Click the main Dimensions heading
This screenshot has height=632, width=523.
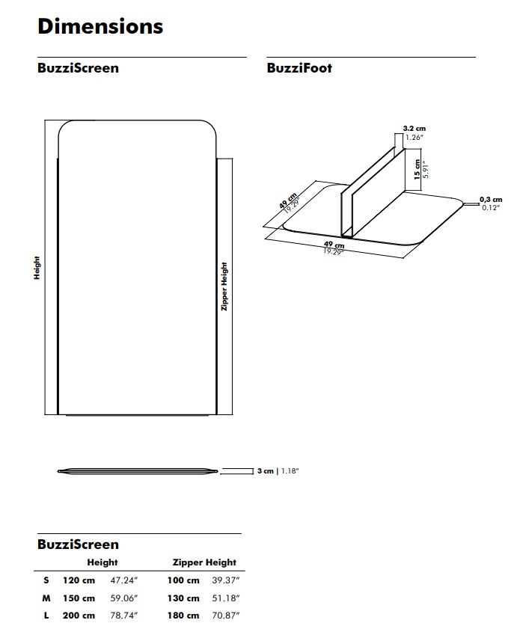point(100,27)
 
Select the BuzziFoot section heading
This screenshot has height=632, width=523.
point(299,68)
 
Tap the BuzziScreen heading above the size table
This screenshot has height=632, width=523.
point(79,544)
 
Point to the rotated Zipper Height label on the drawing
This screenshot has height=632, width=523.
point(224,286)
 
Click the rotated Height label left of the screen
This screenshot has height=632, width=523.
point(37,268)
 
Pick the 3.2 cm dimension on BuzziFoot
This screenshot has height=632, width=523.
point(414,129)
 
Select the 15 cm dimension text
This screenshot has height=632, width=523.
point(417,169)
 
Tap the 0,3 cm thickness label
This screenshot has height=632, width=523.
point(491,200)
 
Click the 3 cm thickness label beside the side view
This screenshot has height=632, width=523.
point(266,470)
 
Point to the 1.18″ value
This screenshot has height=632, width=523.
point(290,470)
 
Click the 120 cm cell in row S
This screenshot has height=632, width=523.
point(79,580)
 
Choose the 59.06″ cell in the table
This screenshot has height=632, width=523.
point(124,598)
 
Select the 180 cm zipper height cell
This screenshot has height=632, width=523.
point(183,616)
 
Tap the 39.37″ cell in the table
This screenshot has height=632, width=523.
point(226,580)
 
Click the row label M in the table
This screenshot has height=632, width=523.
point(46,598)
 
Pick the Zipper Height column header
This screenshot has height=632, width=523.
point(204,562)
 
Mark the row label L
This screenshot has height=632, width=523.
point(46,616)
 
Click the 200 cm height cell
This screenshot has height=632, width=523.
point(79,616)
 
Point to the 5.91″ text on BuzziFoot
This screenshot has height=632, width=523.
point(426,169)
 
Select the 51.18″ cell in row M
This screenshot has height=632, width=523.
point(226,598)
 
